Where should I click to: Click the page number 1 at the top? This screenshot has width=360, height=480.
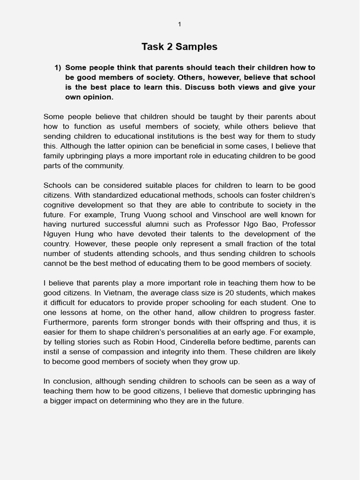coord(180,24)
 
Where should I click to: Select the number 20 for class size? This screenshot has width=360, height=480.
coord(221,293)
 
